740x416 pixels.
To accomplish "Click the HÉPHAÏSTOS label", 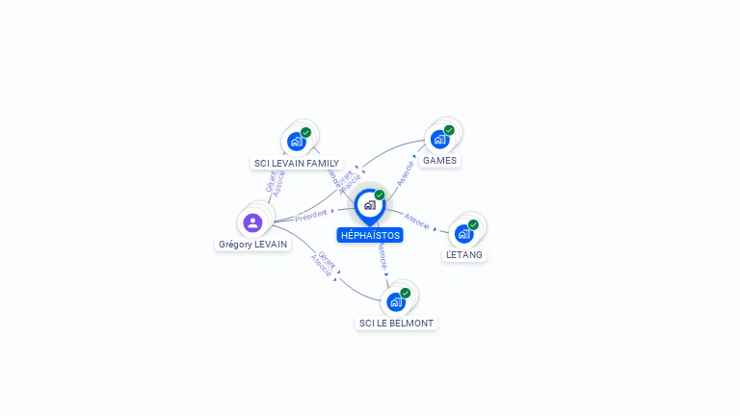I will [370, 235].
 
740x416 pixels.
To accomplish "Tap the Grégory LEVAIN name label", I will [252, 245].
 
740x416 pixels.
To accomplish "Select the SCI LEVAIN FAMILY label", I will [296, 164].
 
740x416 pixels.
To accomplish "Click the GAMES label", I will [439, 160].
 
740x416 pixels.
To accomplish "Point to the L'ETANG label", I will [464, 255].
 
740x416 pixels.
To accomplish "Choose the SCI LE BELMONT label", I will [396, 324].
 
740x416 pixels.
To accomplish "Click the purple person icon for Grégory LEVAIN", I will [252, 223].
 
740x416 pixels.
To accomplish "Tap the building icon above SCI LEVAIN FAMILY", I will [296, 142].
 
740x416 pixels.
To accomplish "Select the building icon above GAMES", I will [439, 139].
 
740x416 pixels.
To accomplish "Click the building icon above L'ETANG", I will [463, 234].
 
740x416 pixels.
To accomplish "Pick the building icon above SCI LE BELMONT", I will [395, 302].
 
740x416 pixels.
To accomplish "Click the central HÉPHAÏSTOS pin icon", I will [369, 205].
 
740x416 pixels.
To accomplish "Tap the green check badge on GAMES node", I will [449, 130].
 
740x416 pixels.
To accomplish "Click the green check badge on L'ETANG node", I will [473, 224].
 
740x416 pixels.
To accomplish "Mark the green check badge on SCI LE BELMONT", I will [405, 293].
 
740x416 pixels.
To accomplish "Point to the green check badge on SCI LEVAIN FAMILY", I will [305, 132].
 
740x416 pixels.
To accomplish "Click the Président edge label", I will [311, 217].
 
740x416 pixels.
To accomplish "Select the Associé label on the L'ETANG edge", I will [417, 221].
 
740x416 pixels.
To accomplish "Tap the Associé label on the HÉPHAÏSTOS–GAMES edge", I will [406, 173].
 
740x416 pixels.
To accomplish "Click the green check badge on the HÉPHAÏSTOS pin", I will [380, 195].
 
